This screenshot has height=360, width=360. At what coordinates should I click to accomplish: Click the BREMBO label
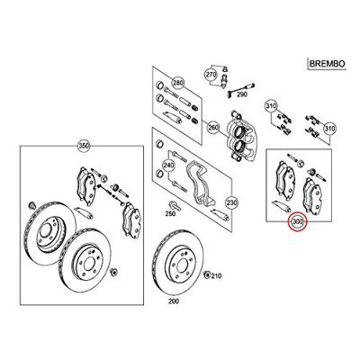(x=327, y=64)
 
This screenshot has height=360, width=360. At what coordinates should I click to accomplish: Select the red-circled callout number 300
(x=298, y=222)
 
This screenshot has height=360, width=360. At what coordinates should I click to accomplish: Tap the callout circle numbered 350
(x=85, y=146)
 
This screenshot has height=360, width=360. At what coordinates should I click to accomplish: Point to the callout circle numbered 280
(x=177, y=83)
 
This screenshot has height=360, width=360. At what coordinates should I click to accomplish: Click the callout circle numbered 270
(x=211, y=74)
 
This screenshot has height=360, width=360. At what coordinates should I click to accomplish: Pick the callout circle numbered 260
(x=213, y=128)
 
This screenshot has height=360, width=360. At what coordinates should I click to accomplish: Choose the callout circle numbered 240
(x=168, y=165)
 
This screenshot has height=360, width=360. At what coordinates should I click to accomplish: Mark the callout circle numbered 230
(x=232, y=202)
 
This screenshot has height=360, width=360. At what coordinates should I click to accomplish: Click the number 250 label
(x=170, y=214)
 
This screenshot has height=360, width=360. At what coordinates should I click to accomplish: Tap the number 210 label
(x=216, y=275)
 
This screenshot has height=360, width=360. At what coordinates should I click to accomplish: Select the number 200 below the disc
(x=174, y=301)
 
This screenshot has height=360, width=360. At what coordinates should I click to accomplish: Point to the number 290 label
(x=242, y=94)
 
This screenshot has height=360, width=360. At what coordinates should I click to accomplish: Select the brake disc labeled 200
(x=178, y=262)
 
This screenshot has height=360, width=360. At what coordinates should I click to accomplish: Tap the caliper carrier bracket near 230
(x=200, y=184)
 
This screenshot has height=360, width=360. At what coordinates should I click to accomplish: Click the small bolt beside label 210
(x=207, y=274)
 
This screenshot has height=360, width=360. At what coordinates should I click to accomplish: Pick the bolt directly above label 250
(x=175, y=205)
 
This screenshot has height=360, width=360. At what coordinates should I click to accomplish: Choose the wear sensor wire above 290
(x=240, y=87)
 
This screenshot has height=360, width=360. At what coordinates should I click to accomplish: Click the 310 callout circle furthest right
(x=329, y=130)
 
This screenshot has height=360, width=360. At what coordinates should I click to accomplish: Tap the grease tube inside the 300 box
(x=281, y=205)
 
